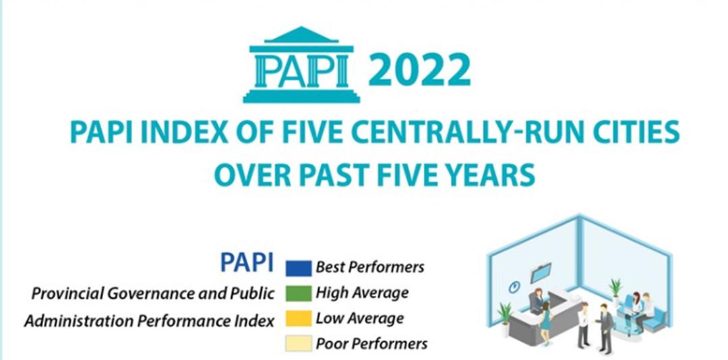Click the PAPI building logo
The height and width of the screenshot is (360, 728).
(x=301, y=65)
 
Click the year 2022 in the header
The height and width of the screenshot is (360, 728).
(x=419, y=70)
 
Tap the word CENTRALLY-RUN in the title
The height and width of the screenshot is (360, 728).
(x=477, y=133)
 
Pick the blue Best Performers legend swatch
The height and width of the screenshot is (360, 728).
(x=298, y=268)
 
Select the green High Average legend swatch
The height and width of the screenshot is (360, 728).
(x=298, y=293)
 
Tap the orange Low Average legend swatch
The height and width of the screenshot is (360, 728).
(x=298, y=318)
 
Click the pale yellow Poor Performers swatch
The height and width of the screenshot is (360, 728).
(x=298, y=343)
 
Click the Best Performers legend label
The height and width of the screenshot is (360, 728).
(x=370, y=268)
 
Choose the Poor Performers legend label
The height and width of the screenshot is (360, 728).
(x=371, y=344)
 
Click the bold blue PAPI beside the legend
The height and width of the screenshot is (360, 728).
(x=247, y=264)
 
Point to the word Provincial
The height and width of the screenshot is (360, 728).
(x=66, y=294)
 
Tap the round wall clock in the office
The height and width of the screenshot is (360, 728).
(x=514, y=287)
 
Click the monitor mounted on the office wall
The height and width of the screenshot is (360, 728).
(x=541, y=273)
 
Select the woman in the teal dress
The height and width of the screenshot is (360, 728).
(x=545, y=317)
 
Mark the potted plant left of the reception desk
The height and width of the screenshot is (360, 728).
(x=505, y=317)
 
